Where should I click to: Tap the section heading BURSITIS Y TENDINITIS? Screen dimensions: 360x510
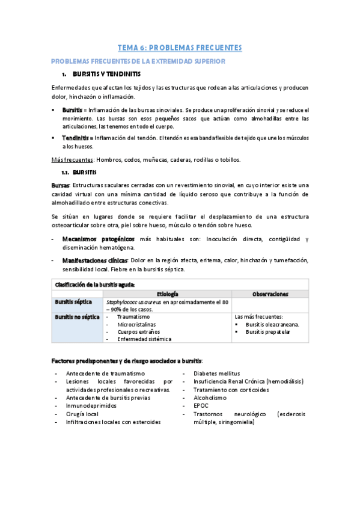pyautogui.click(x=106, y=75)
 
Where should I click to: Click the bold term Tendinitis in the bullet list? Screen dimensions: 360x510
pyautogui.click(x=76, y=138)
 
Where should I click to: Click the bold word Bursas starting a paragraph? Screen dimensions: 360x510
pyautogui.click(x=61, y=185)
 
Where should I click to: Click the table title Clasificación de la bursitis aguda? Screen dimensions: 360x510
pyautogui.click(x=95, y=284)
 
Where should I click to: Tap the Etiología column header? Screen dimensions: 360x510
pyautogui.click(x=167, y=294)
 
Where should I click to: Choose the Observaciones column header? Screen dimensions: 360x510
pyautogui.click(x=270, y=294)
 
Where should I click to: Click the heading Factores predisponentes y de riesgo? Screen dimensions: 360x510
pyautogui.click(x=127, y=360)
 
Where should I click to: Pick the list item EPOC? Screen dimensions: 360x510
pyautogui.click(x=201, y=406)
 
